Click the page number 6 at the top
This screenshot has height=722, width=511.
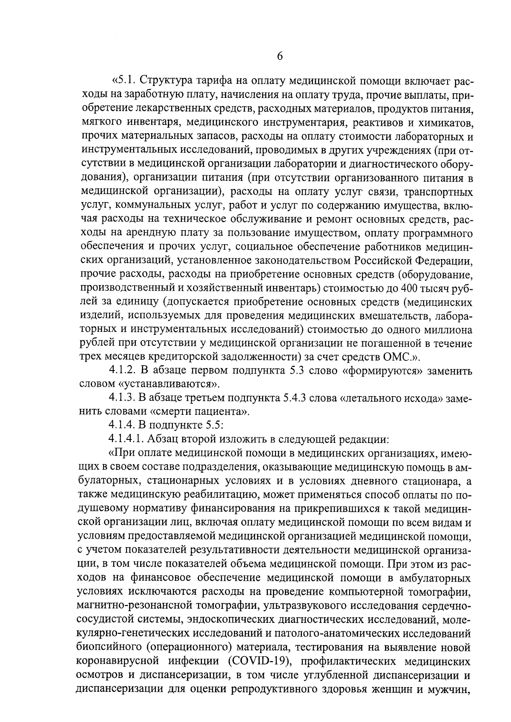280,57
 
